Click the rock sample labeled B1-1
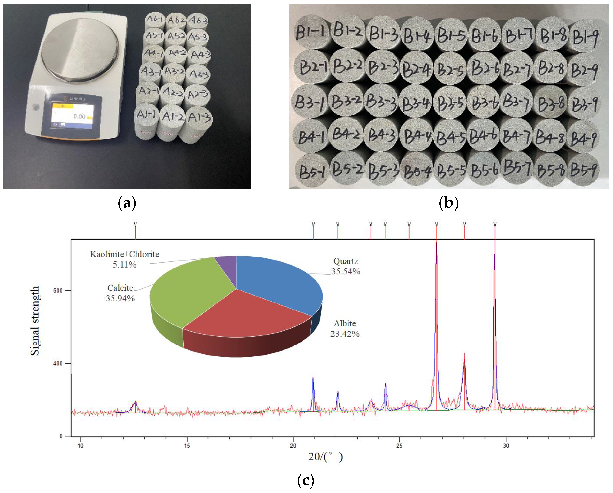tap(311, 31)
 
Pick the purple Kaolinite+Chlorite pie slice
tap(228, 264)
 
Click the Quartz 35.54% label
tap(346, 266)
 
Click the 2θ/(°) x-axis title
tap(325, 457)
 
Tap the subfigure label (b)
tap(449, 203)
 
